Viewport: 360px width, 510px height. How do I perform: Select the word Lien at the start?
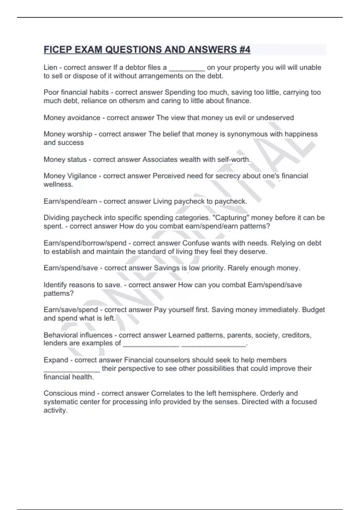coord(50,67)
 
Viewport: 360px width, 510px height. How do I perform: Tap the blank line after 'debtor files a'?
coord(187,68)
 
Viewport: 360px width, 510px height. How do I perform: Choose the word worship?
coord(79,134)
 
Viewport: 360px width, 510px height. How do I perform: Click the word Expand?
coord(56,360)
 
